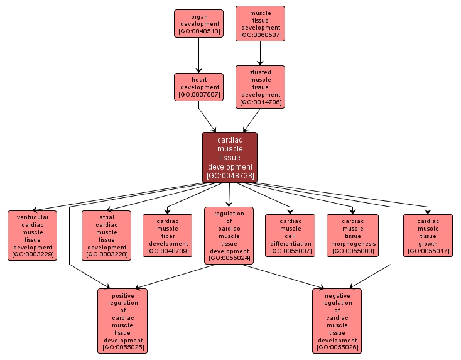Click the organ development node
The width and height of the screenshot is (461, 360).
[198, 23]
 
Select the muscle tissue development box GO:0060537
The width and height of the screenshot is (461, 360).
[260, 23]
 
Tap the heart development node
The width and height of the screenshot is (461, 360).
[198, 87]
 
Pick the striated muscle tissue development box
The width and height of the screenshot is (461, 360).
[260, 87]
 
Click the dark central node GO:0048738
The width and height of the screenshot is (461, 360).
[229, 157]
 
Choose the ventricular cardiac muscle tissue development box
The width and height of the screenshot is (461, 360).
[32, 236]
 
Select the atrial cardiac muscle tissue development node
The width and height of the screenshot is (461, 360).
[106, 236]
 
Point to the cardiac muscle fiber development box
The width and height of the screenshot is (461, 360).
[167, 236]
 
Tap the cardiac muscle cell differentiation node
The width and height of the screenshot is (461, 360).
[290, 236]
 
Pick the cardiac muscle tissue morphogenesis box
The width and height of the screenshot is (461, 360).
[352, 236]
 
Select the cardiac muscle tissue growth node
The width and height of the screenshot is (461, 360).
[428, 236]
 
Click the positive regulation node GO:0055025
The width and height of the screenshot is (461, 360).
[122, 320]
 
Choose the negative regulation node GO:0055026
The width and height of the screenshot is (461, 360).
[337, 320]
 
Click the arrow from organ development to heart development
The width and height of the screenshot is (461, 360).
[198, 55]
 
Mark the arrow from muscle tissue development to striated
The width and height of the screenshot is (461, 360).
[260, 53]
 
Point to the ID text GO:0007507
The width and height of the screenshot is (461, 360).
[198, 95]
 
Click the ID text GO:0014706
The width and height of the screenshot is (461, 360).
[260, 102]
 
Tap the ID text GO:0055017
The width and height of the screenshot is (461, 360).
[428, 251]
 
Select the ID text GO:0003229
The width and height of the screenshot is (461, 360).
[32, 255]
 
